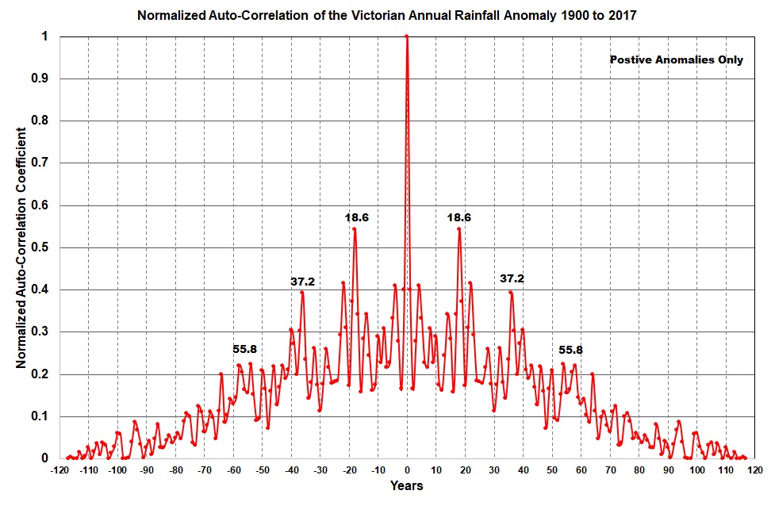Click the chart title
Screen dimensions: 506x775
[x=386, y=15]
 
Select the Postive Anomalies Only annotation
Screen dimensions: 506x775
[x=677, y=59]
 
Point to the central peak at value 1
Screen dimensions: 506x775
[x=407, y=36]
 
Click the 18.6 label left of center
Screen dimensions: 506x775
[x=356, y=217]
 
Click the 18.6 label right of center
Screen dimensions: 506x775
[x=459, y=217]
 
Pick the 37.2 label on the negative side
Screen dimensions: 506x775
[x=302, y=281]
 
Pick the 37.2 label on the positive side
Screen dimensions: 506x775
[x=512, y=278]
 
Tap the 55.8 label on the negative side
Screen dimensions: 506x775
[x=245, y=349]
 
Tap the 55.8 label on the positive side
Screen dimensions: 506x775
[x=571, y=349]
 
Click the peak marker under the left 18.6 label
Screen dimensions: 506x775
[x=355, y=229]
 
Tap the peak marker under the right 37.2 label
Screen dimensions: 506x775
[x=511, y=293]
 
